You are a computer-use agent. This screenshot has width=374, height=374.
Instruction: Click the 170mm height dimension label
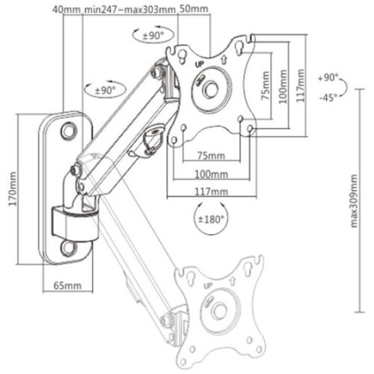click(x=13, y=188)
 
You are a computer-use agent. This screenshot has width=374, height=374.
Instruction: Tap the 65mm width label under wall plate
click(x=67, y=285)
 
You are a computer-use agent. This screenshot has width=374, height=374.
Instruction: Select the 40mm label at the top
click(x=67, y=10)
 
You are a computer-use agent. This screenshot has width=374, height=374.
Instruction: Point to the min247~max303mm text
click(x=130, y=10)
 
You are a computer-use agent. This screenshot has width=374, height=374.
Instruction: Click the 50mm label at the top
click(x=194, y=9)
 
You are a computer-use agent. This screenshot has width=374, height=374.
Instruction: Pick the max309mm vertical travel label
click(x=354, y=201)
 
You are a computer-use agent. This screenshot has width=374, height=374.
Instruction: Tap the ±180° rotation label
click(x=210, y=219)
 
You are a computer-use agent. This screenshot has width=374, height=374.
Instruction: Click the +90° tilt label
click(x=328, y=78)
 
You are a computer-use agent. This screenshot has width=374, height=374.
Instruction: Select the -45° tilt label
click(x=328, y=97)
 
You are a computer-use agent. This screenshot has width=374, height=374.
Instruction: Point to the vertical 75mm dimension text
click(x=266, y=85)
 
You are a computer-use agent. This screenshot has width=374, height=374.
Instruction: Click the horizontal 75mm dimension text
click(x=211, y=156)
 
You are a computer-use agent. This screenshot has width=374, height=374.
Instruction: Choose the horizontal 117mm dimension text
click(x=211, y=191)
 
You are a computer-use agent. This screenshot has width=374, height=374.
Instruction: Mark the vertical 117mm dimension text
click(x=301, y=85)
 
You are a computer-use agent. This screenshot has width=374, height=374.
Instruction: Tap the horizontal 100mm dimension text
click(x=211, y=174)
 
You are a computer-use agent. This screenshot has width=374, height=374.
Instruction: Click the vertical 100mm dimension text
click(x=283, y=87)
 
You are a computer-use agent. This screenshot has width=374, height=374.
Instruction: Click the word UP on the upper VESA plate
click(x=199, y=64)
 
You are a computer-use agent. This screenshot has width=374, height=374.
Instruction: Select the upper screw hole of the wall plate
click(x=69, y=131)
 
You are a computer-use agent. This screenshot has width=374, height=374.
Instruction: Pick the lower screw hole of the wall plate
click(x=69, y=248)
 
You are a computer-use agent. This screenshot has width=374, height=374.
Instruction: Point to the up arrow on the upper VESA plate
click(x=224, y=59)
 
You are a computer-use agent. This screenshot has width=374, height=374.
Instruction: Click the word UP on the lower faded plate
click(x=209, y=286)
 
